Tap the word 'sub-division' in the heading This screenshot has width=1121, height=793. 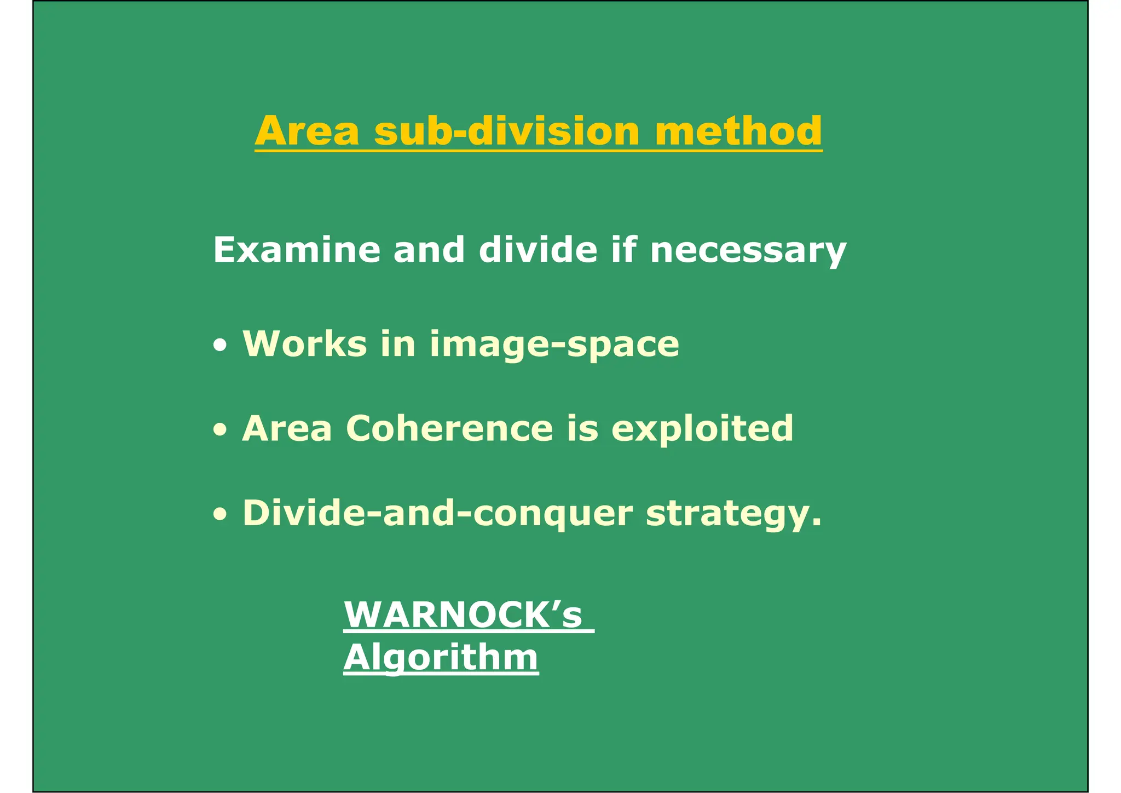point(507,131)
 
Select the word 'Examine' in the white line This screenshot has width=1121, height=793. point(296,250)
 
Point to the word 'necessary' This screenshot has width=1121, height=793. point(748,251)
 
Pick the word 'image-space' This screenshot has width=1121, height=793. point(554,345)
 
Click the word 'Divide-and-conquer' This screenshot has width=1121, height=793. point(437,514)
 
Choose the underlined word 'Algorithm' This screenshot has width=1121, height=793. point(441,657)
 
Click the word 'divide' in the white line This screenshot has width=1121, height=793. point(538,250)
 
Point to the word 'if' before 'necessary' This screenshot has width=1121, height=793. point(623,250)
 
